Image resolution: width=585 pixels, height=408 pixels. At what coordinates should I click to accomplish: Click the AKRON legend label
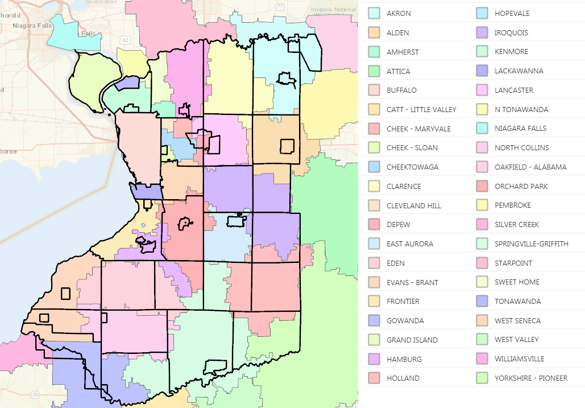click(399, 13)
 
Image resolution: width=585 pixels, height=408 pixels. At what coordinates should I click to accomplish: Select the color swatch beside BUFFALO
click(374, 90)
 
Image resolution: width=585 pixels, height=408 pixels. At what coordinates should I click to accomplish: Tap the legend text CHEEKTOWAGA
click(412, 167)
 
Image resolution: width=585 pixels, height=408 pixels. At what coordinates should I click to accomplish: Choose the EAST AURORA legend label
click(409, 244)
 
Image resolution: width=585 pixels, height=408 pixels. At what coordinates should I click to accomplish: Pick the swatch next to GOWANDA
click(374, 320)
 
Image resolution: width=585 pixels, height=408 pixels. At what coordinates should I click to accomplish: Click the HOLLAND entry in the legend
click(403, 378)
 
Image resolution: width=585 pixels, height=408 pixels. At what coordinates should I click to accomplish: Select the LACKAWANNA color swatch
click(482, 71)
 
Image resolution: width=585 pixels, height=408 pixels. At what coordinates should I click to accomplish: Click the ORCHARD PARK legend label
click(520, 186)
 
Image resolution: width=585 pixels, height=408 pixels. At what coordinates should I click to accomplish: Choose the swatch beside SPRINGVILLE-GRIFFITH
click(482, 244)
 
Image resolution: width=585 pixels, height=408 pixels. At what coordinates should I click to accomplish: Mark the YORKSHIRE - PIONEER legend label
click(531, 378)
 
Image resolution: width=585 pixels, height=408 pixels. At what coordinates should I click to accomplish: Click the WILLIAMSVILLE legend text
click(519, 358)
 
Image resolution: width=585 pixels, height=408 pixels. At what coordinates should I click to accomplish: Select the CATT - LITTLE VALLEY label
click(421, 109)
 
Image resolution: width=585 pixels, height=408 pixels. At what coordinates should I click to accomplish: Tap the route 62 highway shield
click(125, 39)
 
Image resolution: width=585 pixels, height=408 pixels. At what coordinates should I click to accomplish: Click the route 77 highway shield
click(279, 7)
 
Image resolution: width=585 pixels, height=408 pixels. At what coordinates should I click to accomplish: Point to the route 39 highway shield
click(35, 394)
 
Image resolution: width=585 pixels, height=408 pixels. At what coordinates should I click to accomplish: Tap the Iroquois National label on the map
click(335, 9)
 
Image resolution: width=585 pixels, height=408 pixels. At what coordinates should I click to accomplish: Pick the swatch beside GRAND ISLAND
click(374, 340)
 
